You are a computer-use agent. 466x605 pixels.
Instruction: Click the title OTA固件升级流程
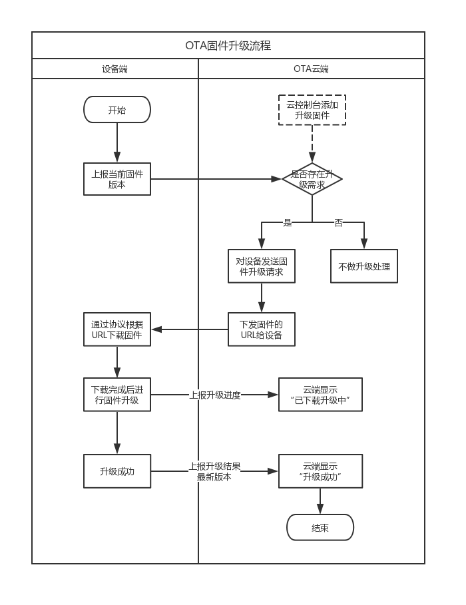coord(228,46)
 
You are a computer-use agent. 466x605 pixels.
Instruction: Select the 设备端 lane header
coord(115,69)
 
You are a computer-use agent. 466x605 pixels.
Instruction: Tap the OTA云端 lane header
coord(311,69)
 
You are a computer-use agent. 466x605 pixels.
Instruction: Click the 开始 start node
coord(117,110)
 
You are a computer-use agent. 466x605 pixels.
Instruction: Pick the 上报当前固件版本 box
coord(117,179)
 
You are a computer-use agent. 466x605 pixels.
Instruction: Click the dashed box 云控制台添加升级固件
coord(312,110)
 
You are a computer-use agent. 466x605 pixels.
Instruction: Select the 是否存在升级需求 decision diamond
coord(312,179)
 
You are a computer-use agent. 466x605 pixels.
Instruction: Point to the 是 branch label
coord(288,223)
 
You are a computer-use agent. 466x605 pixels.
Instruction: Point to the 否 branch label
coord(338,223)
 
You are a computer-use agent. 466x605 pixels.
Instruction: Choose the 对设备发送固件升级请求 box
coord(261,266)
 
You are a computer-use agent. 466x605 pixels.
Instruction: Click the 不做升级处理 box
coord(364,266)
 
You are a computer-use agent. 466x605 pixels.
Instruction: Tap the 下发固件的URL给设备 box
coord(261,329)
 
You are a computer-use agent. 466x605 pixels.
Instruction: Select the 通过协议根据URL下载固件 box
coord(117,329)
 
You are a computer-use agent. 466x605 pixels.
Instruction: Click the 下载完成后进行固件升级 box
coord(117,395)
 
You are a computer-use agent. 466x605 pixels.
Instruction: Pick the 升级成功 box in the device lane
coord(117,471)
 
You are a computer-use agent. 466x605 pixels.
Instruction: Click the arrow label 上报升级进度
coord(215,395)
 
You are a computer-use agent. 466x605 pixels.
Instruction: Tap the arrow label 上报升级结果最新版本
coord(214,471)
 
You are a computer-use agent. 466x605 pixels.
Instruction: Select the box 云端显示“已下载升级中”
coord(320,395)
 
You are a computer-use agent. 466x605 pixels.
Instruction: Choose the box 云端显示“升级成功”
coord(320,471)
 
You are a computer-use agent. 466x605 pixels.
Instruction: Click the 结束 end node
coord(320,528)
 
